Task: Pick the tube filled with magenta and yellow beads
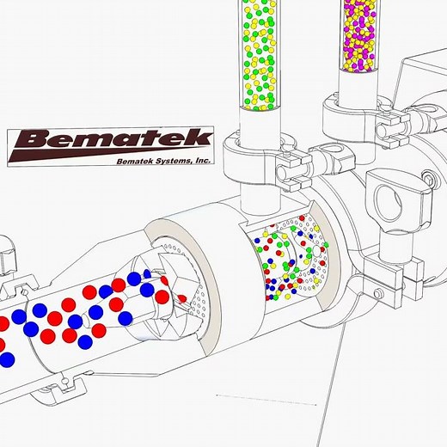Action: [x=358, y=34]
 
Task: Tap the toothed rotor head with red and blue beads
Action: [x=159, y=296]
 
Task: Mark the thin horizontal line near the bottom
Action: [x=266, y=399]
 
